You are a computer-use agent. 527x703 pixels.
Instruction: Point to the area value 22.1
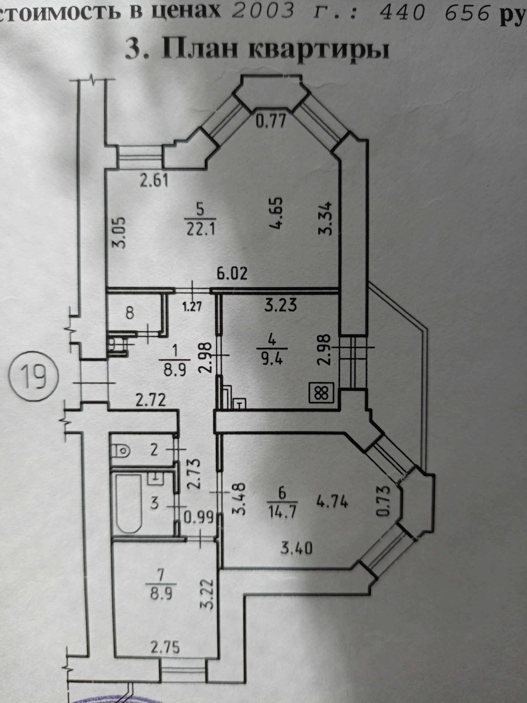point(200,229)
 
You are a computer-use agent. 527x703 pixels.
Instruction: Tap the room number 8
point(130,313)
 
